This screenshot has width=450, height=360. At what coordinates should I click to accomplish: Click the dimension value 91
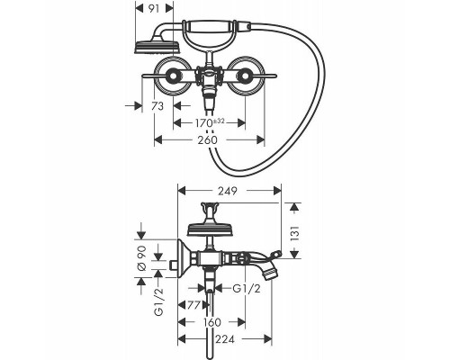point(154,9)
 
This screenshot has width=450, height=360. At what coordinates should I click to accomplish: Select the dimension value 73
point(157,106)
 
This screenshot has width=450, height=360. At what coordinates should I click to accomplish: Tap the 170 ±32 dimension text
point(210,122)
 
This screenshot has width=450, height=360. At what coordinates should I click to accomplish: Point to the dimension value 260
point(208,139)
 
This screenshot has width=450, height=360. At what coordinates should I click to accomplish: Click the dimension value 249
point(228,191)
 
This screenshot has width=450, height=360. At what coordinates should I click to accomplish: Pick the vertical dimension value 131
point(294,234)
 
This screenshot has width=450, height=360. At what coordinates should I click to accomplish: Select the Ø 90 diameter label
point(141,258)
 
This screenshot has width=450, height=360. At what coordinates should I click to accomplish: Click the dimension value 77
point(193,305)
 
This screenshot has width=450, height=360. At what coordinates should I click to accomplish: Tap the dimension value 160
point(211,322)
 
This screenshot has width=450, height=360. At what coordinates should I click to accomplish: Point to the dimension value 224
point(225,339)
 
